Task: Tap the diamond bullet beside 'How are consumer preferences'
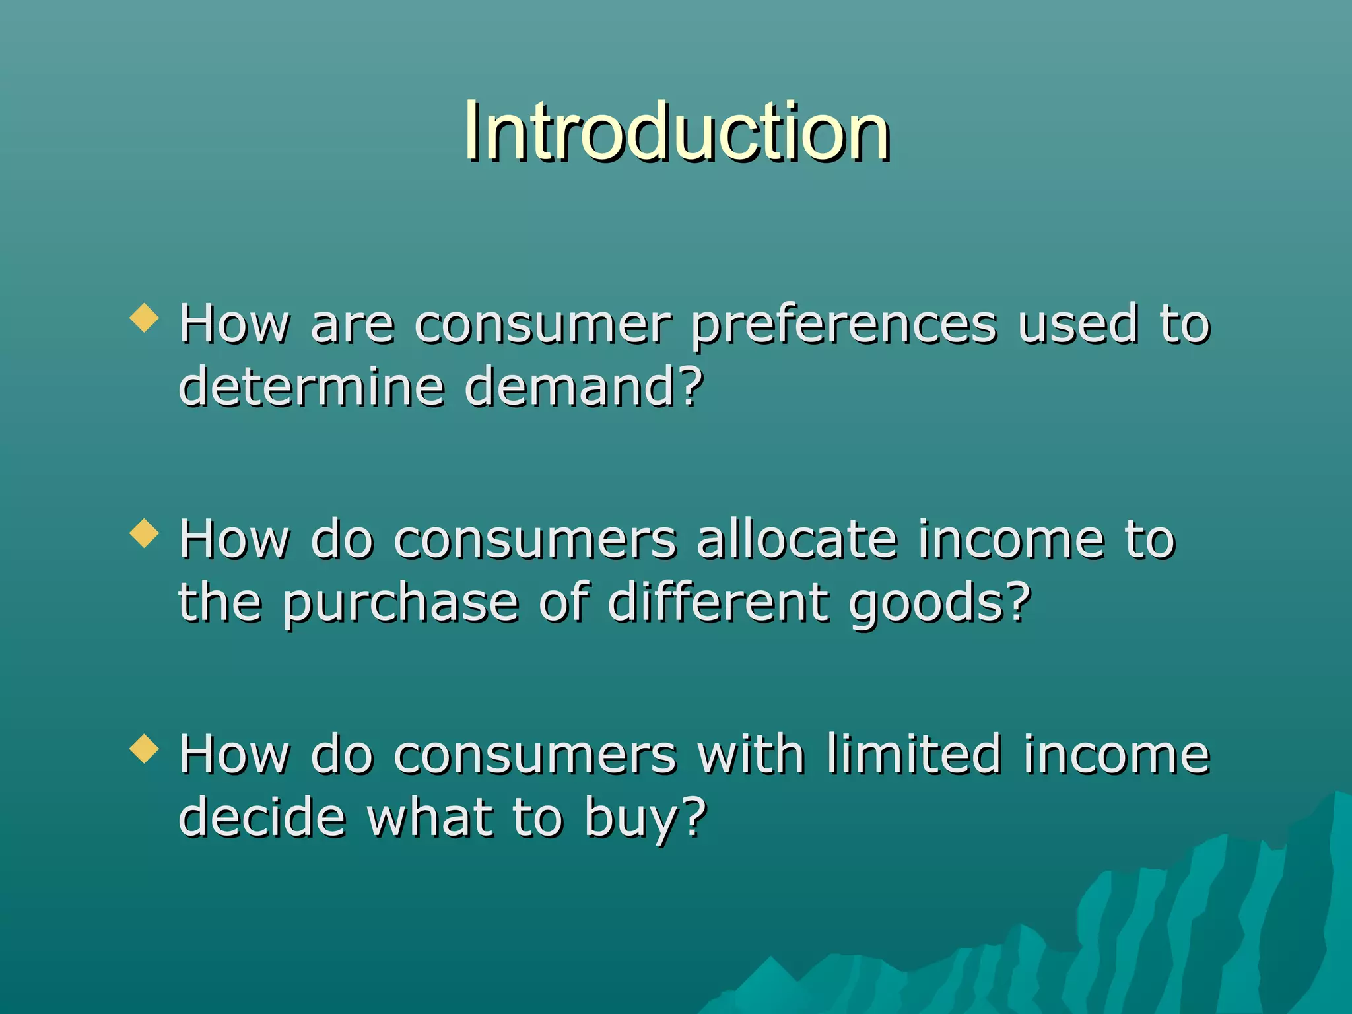click(145, 318)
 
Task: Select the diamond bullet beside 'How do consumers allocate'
click(145, 533)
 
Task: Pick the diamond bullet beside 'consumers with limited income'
click(145, 749)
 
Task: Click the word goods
click(928, 604)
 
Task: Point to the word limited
click(914, 754)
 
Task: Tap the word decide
click(262, 817)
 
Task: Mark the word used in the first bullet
click(1078, 324)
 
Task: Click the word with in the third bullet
click(751, 754)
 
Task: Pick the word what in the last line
click(430, 817)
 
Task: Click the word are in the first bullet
click(352, 325)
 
